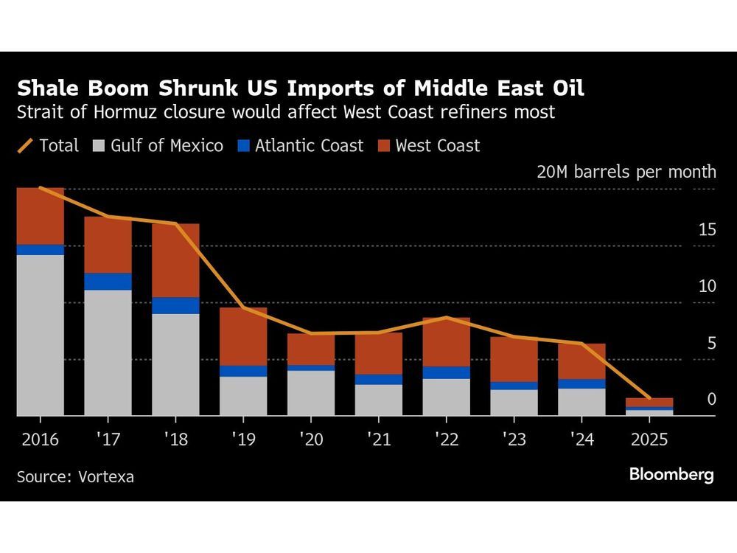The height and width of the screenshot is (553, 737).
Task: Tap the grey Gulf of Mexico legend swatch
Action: pos(98,145)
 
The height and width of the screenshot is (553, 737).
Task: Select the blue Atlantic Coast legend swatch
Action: pos(242,145)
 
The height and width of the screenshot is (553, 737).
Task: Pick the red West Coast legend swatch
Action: pos(383,145)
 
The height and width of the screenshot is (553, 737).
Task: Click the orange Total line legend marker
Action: pos(26,145)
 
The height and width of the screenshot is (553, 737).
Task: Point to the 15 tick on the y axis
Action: pos(707,230)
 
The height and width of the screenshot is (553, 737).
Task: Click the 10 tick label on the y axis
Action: pos(707,286)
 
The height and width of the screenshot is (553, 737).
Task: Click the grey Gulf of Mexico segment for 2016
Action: pos(41,335)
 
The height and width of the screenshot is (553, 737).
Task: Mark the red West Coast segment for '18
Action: pos(175,260)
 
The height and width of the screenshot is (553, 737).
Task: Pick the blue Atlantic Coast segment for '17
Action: pos(108,282)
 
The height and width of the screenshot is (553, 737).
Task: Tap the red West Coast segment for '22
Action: pos(447,342)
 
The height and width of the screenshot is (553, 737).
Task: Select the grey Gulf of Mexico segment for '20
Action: pos(311,393)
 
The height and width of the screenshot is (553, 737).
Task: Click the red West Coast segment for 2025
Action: pos(649,402)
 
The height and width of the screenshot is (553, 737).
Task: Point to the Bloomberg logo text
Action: pos(671,474)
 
